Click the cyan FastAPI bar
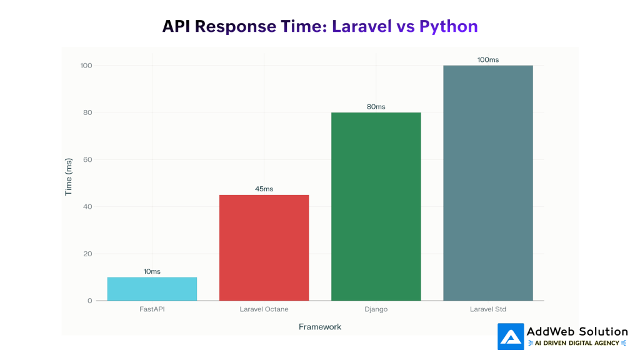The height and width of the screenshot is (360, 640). (152, 289)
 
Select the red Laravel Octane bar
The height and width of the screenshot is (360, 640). (264, 247)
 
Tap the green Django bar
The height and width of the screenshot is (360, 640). (376, 206)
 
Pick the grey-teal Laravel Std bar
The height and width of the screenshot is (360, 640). (487, 182)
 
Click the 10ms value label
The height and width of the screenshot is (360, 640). (152, 271)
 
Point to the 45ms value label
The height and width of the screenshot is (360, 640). (264, 189)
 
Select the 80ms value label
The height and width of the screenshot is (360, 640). (376, 106)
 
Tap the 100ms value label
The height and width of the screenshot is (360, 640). (487, 59)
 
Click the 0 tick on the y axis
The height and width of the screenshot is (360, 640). (89, 301)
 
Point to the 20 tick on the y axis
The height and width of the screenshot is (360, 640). (87, 254)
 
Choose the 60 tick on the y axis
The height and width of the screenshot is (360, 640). (87, 159)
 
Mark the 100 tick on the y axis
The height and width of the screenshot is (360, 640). (86, 66)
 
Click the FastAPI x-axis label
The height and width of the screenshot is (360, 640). (152, 309)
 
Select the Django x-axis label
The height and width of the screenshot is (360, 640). (376, 309)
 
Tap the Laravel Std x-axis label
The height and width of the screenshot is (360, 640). (487, 309)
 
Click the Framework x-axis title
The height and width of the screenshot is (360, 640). (320, 327)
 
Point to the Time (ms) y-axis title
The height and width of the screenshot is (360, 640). (69, 177)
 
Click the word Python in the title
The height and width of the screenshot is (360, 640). (448, 26)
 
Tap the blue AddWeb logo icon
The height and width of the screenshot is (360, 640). (511, 336)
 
